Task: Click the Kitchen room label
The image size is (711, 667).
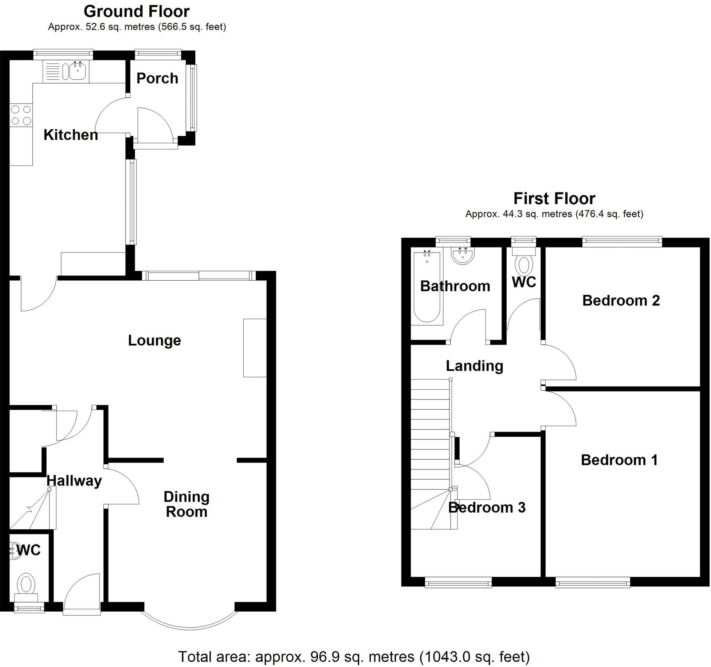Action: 71,135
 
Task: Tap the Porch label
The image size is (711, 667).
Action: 157,78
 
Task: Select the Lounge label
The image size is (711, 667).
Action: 154,340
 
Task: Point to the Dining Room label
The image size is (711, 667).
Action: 186,504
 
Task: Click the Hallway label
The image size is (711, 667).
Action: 74,481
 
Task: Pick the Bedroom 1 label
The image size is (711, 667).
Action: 619,460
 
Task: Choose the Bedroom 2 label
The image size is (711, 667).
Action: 621,301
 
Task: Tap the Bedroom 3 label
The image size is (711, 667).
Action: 487,508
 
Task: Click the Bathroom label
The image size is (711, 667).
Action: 455,286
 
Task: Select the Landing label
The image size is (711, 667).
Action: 474,366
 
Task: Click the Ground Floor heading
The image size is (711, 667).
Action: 137,12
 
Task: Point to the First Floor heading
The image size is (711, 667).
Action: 554,199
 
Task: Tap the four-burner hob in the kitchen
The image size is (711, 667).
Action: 21,115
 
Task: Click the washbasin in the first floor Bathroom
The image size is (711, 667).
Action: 463,255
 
